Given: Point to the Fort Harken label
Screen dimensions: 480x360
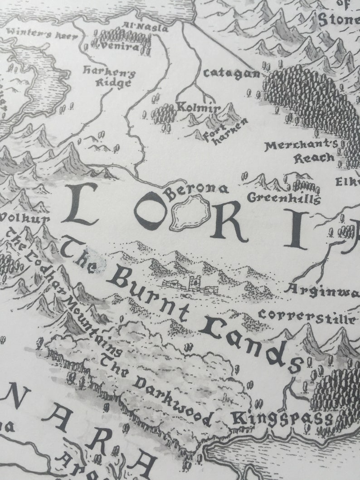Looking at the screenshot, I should click(x=226, y=131).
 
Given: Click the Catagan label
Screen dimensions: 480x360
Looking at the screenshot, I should click(x=231, y=73).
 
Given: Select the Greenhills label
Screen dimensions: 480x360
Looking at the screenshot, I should click(x=284, y=198).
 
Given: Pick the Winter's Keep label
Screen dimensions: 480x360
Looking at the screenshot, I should click(x=38, y=33).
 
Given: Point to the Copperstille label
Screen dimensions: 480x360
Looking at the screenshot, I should click(x=306, y=316).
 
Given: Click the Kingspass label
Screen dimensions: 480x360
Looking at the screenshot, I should click(x=282, y=418).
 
